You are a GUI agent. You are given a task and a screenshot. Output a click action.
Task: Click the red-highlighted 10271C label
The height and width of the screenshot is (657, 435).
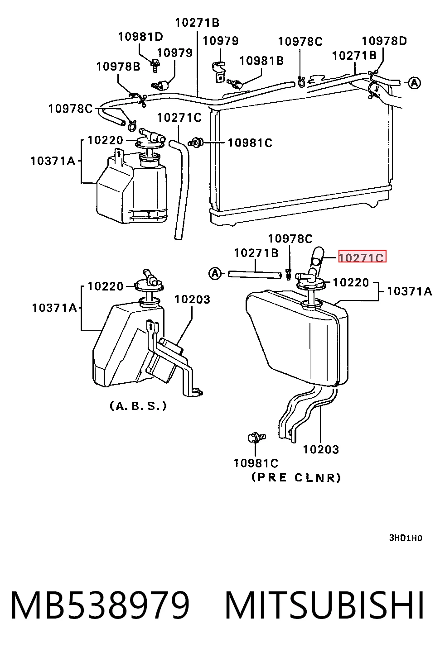click(x=362, y=257)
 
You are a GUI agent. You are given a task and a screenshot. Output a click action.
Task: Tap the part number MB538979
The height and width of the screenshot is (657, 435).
click(x=100, y=605)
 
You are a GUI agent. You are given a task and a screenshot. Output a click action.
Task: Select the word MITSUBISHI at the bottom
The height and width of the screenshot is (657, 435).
click(x=324, y=605)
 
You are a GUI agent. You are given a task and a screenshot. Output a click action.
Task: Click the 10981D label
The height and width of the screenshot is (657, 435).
click(x=140, y=37)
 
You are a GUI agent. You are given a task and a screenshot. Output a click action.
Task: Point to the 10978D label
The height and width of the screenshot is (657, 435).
click(x=384, y=41)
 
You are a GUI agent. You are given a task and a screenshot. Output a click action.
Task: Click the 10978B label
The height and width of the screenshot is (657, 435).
click(x=118, y=67)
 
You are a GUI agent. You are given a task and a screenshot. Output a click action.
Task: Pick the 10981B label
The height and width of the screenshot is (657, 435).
click(x=261, y=61)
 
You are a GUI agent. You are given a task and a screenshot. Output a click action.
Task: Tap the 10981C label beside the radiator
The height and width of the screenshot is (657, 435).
click(x=250, y=143)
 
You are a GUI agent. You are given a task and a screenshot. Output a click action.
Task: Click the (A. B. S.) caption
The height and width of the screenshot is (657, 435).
click(x=138, y=406)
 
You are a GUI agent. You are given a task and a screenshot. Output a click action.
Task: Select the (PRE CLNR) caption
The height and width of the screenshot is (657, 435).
click(x=296, y=477)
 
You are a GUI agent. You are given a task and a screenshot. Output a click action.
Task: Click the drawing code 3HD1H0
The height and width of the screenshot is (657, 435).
click(x=406, y=538)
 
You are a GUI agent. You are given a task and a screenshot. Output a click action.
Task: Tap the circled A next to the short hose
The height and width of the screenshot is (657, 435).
click(x=215, y=274)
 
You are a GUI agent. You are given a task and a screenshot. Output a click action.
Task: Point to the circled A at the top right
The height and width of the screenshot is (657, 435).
click(x=415, y=83)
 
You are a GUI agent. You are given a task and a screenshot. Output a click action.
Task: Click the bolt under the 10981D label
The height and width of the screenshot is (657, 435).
click(x=155, y=66)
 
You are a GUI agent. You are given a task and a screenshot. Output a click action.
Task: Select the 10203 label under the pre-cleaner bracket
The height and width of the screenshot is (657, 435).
click(x=321, y=449)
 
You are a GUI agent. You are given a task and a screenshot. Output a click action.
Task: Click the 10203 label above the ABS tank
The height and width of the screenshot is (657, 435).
click(x=193, y=300)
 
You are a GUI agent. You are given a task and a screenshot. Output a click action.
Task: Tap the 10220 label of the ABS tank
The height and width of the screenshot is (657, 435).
click(x=106, y=286)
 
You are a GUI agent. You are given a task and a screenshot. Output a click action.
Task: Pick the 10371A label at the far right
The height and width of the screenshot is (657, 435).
click(x=410, y=291)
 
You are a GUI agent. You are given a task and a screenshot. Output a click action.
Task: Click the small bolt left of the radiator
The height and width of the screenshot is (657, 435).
click(x=196, y=143)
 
